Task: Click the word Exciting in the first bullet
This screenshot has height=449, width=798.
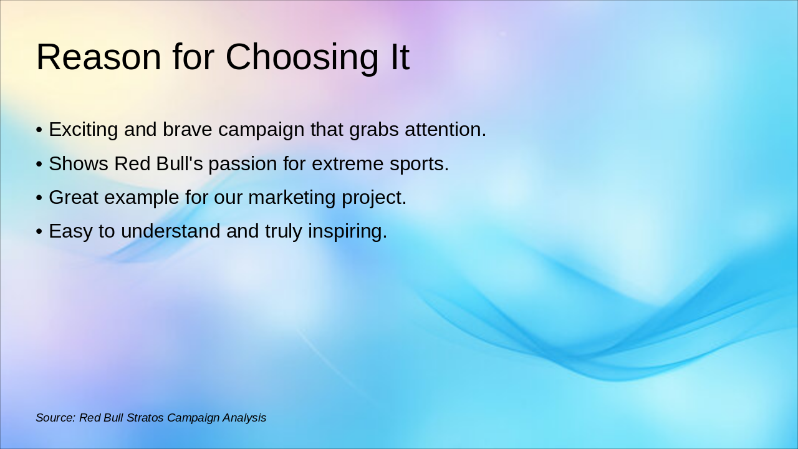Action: [x=84, y=130]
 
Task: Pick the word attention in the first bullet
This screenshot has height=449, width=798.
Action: [x=445, y=130]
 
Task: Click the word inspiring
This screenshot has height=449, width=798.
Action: [x=348, y=231]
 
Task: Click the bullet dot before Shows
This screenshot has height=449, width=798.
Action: [x=39, y=165]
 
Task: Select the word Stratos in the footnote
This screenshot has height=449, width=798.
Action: [x=145, y=418]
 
